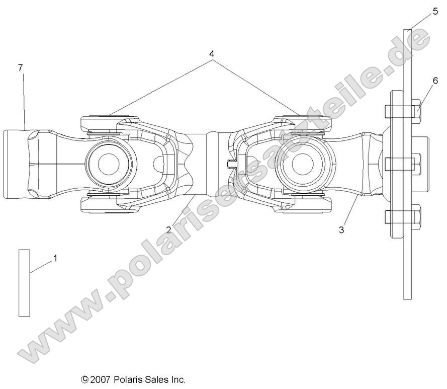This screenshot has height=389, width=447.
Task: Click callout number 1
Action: pos(55,258)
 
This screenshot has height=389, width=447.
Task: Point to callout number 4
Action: pos(212,53)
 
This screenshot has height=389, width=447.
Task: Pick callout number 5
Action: pos(435,12)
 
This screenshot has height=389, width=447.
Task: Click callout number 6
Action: pos(435,81)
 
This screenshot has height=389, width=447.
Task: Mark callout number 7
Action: pos(20,68)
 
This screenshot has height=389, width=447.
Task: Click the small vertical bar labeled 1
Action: pos(24,282)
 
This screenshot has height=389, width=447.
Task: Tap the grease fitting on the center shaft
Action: pos(231,164)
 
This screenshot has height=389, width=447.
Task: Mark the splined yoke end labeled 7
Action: pos(18,164)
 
